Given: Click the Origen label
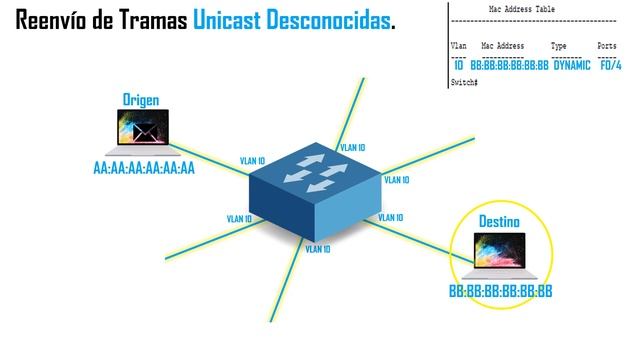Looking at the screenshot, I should (141, 100).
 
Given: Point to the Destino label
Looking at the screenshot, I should (498, 219).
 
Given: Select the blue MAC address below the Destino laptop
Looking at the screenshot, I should (500, 292).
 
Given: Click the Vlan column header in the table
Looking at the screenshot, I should (459, 46).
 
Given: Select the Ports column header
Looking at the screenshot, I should (607, 46).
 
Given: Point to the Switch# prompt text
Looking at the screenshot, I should (464, 80).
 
